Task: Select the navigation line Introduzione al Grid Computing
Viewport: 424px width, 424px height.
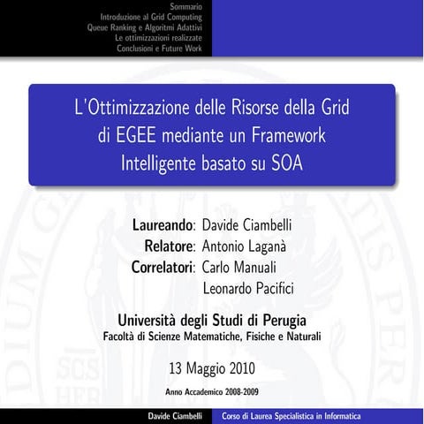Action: coord(151,17)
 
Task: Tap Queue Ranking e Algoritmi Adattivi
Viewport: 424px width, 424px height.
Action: coord(144,27)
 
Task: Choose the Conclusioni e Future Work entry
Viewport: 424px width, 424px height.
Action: coord(160,48)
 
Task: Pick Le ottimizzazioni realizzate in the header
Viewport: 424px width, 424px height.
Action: coord(159,37)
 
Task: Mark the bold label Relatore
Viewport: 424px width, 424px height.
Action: coord(170,244)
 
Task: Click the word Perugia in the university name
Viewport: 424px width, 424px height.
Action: coord(284,319)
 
